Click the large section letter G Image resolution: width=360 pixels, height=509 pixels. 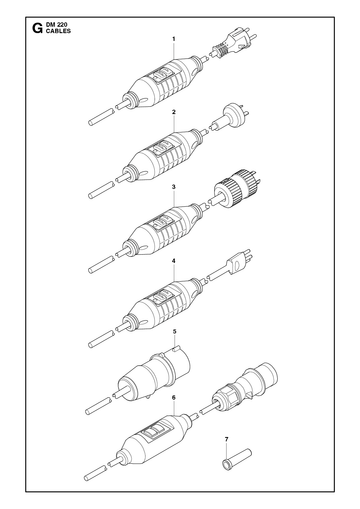click(37, 28)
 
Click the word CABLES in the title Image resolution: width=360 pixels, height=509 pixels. click(58, 31)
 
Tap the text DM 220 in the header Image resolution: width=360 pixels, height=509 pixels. click(57, 25)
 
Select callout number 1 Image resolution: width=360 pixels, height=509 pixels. click(174, 39)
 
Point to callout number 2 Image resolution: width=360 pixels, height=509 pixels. click(174, 112)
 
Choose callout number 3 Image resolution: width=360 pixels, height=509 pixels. click(174, 187)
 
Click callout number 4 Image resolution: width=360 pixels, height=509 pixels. click(174, 261)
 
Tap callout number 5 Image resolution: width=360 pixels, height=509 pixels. click(174, 332)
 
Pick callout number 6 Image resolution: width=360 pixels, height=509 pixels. click(174, 398)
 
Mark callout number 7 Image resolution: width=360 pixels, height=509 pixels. click(227, 439)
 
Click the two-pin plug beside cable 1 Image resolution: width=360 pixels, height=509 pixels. click(234, 44)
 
